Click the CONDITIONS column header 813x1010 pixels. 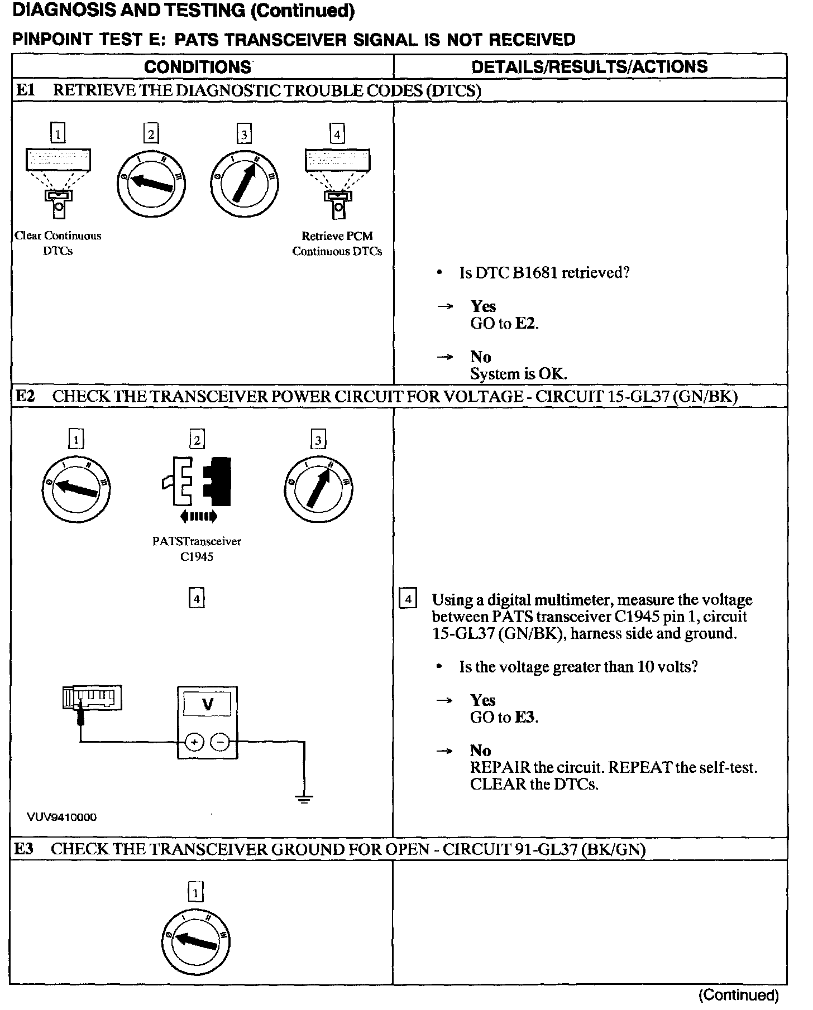click(198, 67)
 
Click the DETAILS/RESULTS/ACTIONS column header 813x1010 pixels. click(589, 67)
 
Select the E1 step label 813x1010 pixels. click(26, 90)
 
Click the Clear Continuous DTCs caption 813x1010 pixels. click(58, 243)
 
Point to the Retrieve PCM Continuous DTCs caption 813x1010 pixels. click(337, 244)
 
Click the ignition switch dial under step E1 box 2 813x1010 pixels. click(151, 183)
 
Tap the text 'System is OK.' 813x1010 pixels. click(518, 374)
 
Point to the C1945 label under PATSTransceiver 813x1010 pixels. click(197, 557)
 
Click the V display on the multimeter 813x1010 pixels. click(207, 705)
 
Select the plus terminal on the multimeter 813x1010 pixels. click(194, 742)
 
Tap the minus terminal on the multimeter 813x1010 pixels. click(221, 742)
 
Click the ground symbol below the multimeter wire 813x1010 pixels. click(304, 799)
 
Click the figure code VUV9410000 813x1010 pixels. click(61, 817)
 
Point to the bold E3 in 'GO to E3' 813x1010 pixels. click(525, 718)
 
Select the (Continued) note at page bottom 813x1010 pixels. click(738, 995)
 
